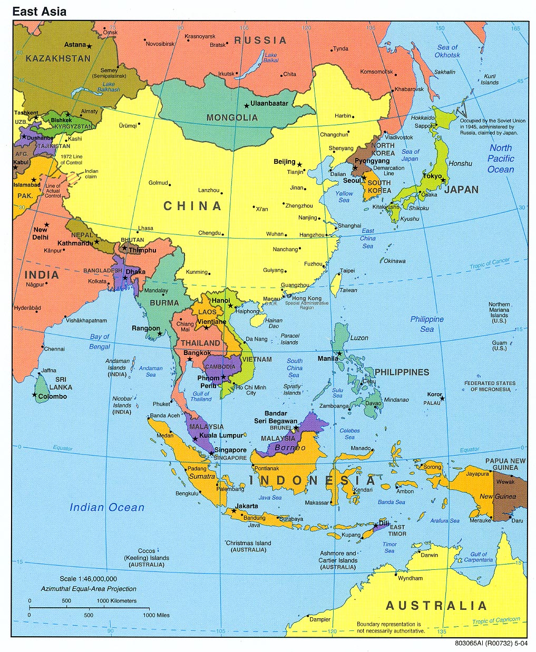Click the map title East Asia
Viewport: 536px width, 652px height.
click(40, 11)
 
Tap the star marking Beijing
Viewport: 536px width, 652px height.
click(299, 165)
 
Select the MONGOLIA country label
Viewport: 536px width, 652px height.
click(232, 117)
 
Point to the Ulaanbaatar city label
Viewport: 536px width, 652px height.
click(269, 103)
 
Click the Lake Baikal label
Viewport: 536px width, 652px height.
click(271, 57)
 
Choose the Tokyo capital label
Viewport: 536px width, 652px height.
click(432, 176)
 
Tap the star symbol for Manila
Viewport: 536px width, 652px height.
click(340, 353)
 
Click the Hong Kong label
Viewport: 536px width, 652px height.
click(307, 298)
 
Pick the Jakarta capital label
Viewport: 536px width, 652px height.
click(247, 506)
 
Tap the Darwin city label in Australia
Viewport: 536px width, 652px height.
click(429, 555)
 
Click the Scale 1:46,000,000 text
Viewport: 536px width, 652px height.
click(88, 579)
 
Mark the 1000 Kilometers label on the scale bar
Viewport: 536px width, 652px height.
click(116, 600)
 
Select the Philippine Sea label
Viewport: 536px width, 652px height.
click(427, 324)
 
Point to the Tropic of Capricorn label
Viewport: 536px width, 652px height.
click(495, 621)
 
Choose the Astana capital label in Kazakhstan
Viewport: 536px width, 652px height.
click(75, 45)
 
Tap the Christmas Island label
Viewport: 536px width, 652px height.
click(248, 543)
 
